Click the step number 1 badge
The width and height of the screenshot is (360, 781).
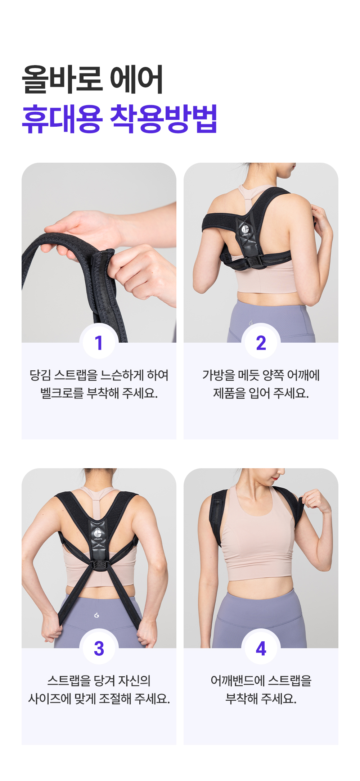coord(99,342)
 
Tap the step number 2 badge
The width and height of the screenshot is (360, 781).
coord(261,342)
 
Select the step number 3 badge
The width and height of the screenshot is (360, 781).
coord(99,648)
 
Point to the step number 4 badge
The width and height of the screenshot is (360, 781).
coord(261,648)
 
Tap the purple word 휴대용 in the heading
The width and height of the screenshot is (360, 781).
coord(62,119)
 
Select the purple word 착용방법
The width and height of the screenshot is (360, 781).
coord(163,119)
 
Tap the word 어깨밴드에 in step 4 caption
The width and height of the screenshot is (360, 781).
coord(238,681)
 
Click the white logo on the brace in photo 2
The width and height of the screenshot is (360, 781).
coord(246,229)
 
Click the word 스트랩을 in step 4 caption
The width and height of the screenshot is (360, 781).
coord(290,681)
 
